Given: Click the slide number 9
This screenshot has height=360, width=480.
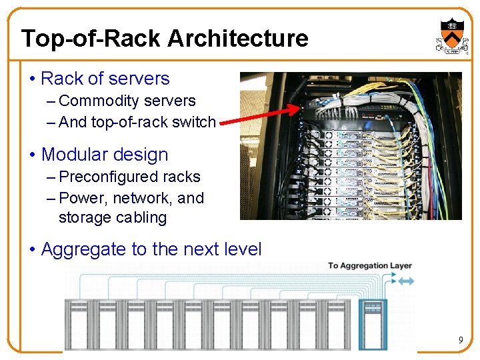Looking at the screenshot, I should pyautogui.click(x=460, y=341).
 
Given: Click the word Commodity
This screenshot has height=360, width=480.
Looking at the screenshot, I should pyautogui.click(x=93, y=101).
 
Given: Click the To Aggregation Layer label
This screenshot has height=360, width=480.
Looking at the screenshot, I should pyautogui.click(x=369, y=266).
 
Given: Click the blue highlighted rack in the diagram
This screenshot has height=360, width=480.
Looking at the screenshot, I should pyautogui.click(x=373, y=324).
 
